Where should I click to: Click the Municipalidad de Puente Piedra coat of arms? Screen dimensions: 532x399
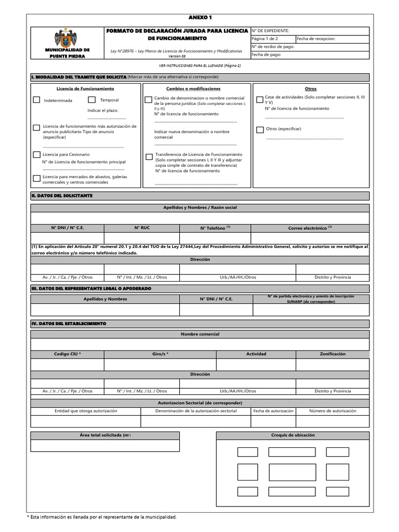(x=65, y=38)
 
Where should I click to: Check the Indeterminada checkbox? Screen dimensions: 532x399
(x=36, y=100)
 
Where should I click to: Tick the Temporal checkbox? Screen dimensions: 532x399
(x=91, y=100)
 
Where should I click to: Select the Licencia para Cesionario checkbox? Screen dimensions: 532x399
(x=36, y=154)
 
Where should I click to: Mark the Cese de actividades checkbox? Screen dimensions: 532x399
(x=260, y=99)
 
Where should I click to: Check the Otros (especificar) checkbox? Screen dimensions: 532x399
(x=260, y=129)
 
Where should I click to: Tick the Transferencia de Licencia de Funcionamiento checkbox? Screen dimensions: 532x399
(x=149, y=156)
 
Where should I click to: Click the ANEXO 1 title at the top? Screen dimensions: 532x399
(x=200, y=18)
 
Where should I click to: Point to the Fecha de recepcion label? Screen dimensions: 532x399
(x=316, y=38)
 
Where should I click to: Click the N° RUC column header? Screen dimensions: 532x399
(x=142, y=228)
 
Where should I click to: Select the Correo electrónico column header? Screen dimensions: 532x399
(x=310, y=228)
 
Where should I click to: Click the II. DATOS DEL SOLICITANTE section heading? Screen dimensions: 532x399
(x=62, y=195)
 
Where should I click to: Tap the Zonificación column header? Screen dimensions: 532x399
(x=332, y=354)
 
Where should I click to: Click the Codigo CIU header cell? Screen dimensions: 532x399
(x=68, y=354)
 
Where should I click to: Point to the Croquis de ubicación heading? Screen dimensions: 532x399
(x=292, y=435)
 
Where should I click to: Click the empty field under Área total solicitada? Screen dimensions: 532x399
(x=105, y=445)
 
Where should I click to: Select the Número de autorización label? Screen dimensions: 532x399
(x=332, y=410)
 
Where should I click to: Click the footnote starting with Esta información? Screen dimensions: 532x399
(x=102, y=517)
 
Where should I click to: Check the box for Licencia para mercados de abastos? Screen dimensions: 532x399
(x=36, y=179)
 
